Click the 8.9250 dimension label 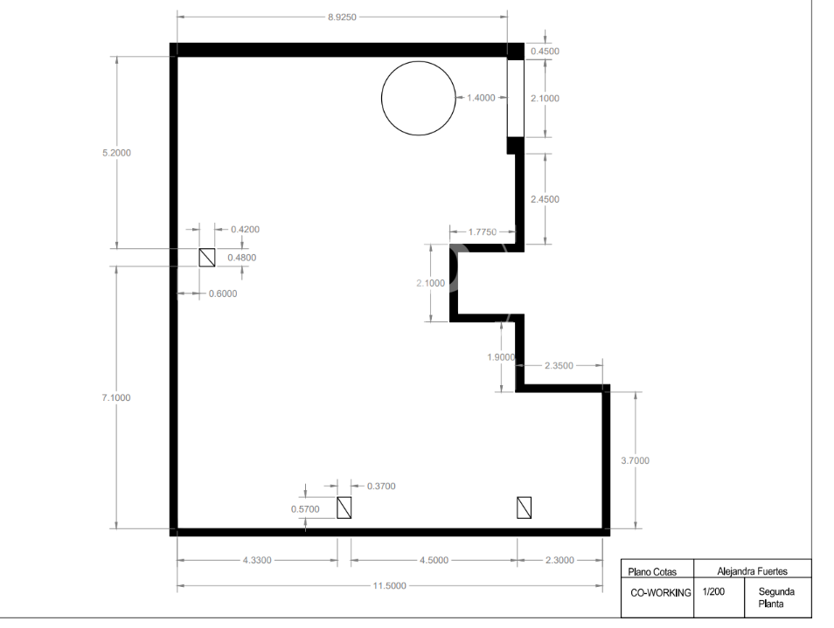point(342,17)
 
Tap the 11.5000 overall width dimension point(389,585)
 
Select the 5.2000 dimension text point(116,153)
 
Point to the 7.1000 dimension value point(116,397)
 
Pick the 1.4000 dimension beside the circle point(481,98)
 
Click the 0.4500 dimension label point(546,51)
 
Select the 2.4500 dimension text point(546,199)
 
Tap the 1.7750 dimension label point(483,231)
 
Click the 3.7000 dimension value point(635,460)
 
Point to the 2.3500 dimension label point(559,366)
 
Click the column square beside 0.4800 point(207,258)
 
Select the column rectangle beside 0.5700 point(344,507)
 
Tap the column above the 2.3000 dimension point(524,507)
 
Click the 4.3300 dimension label point(257,560)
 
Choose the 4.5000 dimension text point(434,560)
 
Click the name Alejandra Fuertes point(752,571)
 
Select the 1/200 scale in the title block point(713,591)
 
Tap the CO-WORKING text point(661,593)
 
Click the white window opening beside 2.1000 point(516,99)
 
